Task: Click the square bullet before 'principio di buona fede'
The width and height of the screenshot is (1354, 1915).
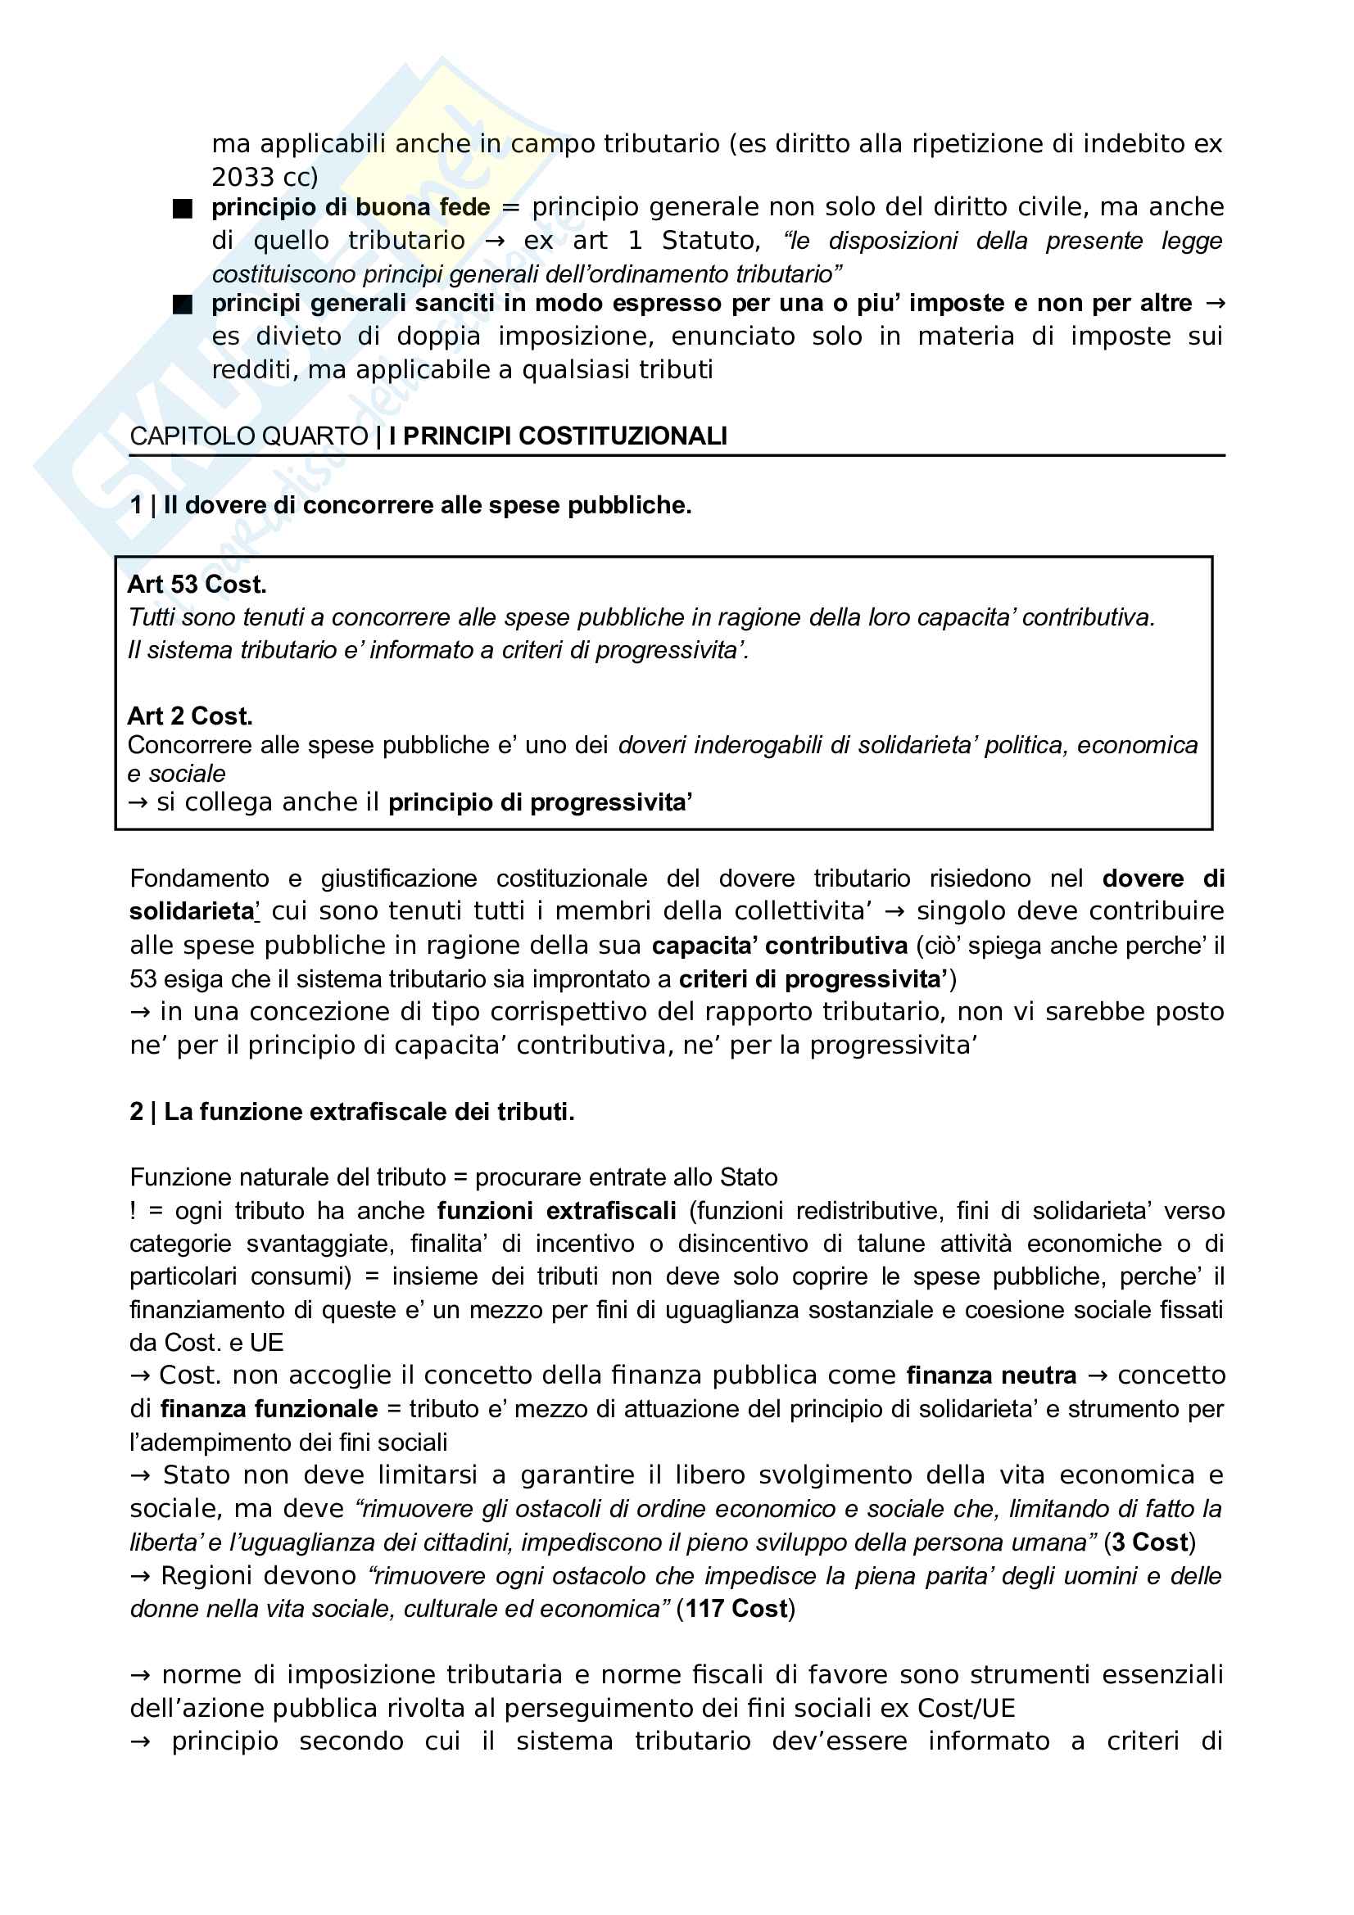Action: click(182, 209)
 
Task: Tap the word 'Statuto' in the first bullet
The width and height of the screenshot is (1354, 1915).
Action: click(709, 241)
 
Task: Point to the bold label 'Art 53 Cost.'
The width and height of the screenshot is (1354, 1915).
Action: click(197, 585)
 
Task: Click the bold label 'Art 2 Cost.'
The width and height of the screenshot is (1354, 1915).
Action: click(189, 716)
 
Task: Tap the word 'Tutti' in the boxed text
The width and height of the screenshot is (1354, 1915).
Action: click(151, 617)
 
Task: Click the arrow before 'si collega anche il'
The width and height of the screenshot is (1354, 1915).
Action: click(138, 802)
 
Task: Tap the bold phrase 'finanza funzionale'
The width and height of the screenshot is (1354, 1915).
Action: click(269, 1409)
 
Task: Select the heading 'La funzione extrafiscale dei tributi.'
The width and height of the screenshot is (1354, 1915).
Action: click(369, 1112)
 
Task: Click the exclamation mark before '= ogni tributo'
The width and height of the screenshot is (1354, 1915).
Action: click(133, 1211)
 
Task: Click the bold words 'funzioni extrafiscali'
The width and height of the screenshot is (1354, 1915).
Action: click(556, 1211)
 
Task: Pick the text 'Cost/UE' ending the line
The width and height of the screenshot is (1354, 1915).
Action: click(966, 1708)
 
